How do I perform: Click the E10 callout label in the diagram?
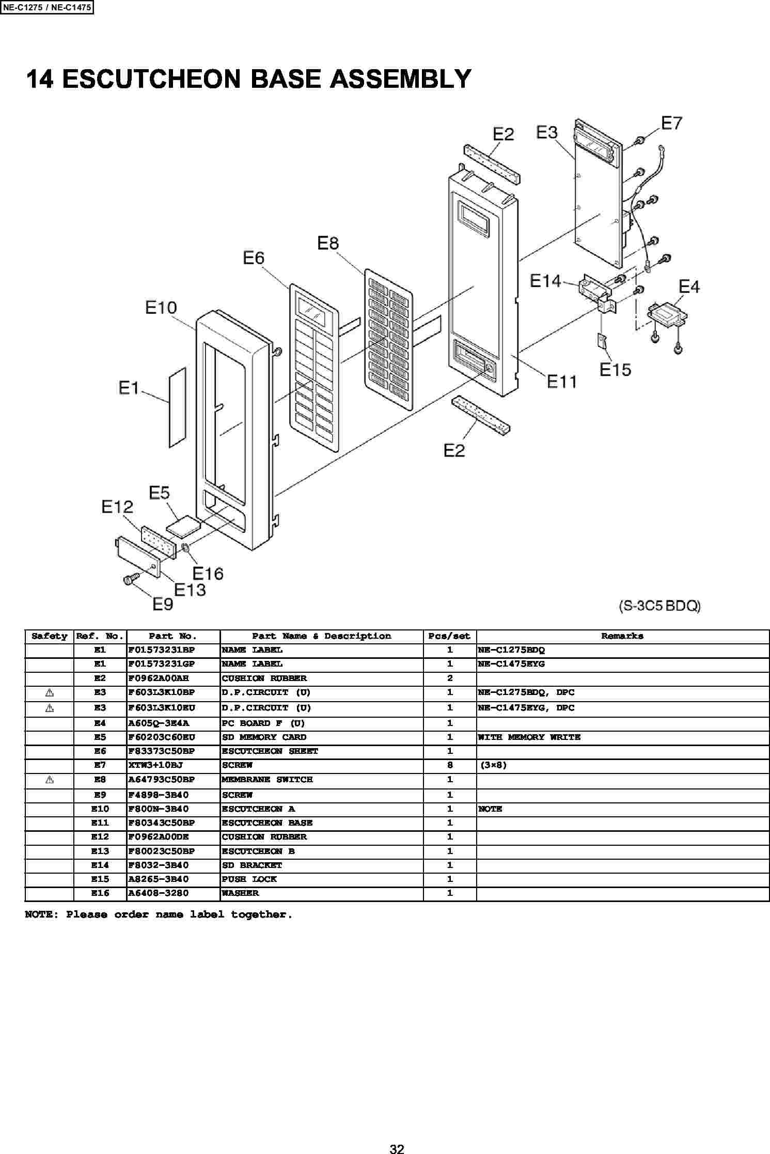(x=161, y=308)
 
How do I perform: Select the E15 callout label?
(x=615, y=370)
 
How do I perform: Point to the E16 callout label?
(x=208, y=573)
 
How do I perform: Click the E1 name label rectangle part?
(x=177, y=407)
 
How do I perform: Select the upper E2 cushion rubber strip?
(x=491, y=164)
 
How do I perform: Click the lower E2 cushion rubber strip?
(x=481, y=415)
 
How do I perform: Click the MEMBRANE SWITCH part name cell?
(x=267, y=779)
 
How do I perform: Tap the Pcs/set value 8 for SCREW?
(x=450, y=765)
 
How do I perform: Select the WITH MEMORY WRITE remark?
(x=529, y=737)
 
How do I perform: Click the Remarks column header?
(x=622, y=636)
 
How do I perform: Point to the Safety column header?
(x=50, y=636)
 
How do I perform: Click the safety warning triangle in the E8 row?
(x=50, y=779)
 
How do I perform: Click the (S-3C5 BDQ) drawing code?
(x=660, y=606)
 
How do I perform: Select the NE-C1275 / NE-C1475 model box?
(x=47, y=8)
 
